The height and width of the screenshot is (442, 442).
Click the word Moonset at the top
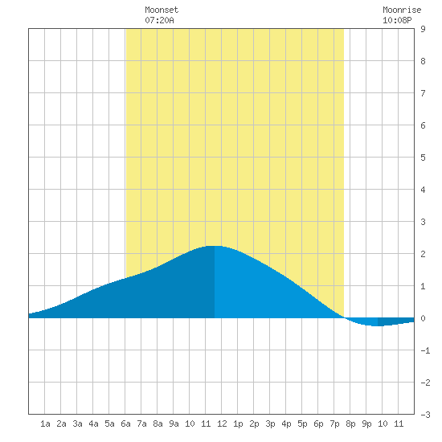pos(162,10)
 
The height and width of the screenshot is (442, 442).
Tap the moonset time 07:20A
pos(159,20)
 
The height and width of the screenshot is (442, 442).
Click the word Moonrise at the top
pos(402,10)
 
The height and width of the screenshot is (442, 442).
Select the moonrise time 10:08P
pos(397,20)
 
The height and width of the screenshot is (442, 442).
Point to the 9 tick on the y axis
pos(423,29)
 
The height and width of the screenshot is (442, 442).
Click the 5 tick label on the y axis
pos(423,158)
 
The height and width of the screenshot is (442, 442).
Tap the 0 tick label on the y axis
pos(423,318)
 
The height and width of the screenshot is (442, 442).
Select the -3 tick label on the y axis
pos(425,415)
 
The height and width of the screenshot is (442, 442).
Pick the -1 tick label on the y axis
pos(425,350)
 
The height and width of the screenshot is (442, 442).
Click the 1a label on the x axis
pos(45,424)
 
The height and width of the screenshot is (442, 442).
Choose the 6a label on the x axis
pos(125,424)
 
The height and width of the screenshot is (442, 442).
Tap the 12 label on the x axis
pos(222,424)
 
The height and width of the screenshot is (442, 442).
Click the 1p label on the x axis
pos(238,424)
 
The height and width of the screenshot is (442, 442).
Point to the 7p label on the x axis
pos(334,424)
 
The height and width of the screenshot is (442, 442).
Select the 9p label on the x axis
pos(366,424)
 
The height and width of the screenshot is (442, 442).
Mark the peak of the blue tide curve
pos(215,246)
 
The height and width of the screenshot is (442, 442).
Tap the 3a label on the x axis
pos(77,424)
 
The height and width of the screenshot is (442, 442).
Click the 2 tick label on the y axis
pos(423,254)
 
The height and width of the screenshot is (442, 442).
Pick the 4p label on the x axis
pos(286,424)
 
